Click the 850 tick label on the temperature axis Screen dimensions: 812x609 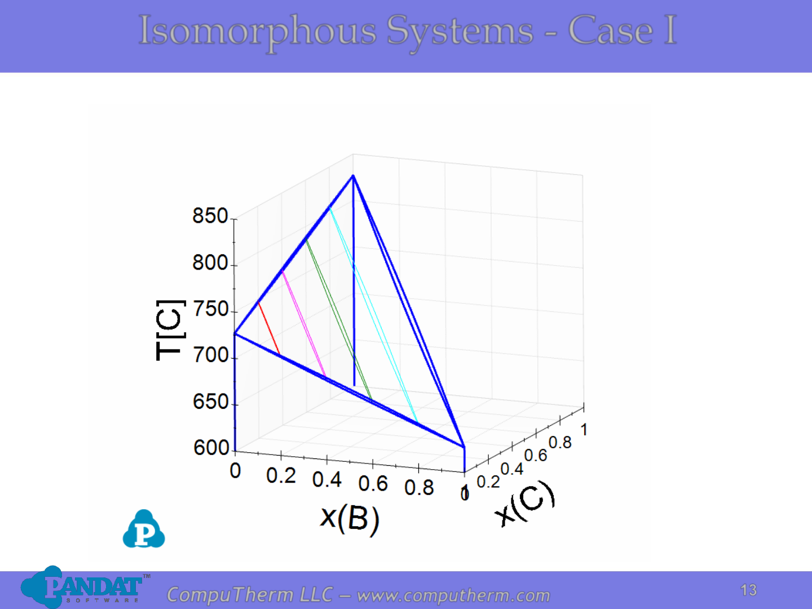tap(210, 216)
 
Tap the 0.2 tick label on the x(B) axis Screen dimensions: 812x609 tap(281, 475)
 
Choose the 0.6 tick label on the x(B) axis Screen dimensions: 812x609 tap(373, 484)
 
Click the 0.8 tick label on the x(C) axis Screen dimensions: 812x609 tap(560, 443)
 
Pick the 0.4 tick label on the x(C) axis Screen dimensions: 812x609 tap(512, 469)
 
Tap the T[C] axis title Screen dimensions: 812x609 tap(170, 330)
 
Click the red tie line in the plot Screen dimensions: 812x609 tap(269, 329)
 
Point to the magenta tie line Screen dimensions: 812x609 tap(304, 324)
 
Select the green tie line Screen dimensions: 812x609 tap(338, 320)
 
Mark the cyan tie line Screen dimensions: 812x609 tap(373, 315)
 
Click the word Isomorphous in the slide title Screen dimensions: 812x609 tap(258, 31)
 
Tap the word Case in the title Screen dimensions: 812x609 tap(611, 30)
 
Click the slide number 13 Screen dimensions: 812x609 tap(749, 590)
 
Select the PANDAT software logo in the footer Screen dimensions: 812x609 tap(85, 587)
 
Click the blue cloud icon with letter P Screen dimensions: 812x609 tap(144, 529)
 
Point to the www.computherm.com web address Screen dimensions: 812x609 tap(453, 595)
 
